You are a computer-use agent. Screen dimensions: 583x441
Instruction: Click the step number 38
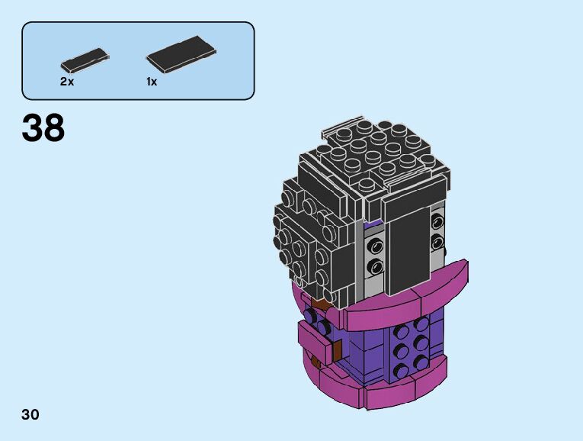tap(43, 127)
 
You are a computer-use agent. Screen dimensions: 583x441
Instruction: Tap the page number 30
tap(30, 414)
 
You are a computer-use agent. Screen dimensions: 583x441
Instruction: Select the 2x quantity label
tap(67, 82)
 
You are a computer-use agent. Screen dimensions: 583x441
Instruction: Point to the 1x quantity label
tap(152, 82)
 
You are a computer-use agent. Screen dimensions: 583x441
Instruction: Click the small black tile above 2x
tap(85, 61)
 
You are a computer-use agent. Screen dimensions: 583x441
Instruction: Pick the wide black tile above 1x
tap(181, 54)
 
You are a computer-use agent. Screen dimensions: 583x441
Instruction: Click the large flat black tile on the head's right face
tap(408, 250)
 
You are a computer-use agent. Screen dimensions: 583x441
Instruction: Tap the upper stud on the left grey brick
tap(376, 246)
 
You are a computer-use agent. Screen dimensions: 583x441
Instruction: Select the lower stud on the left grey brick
tap(376, 266)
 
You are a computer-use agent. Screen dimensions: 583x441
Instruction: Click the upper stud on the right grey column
tap(437, 222)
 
